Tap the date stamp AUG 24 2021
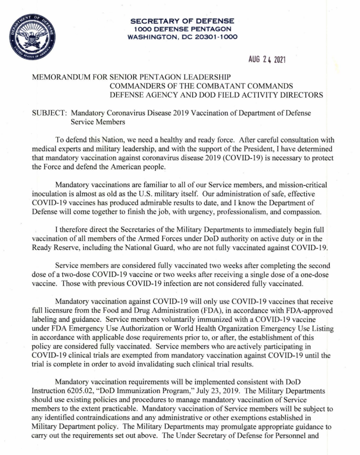[266, 60]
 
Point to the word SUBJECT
[48, 113]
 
